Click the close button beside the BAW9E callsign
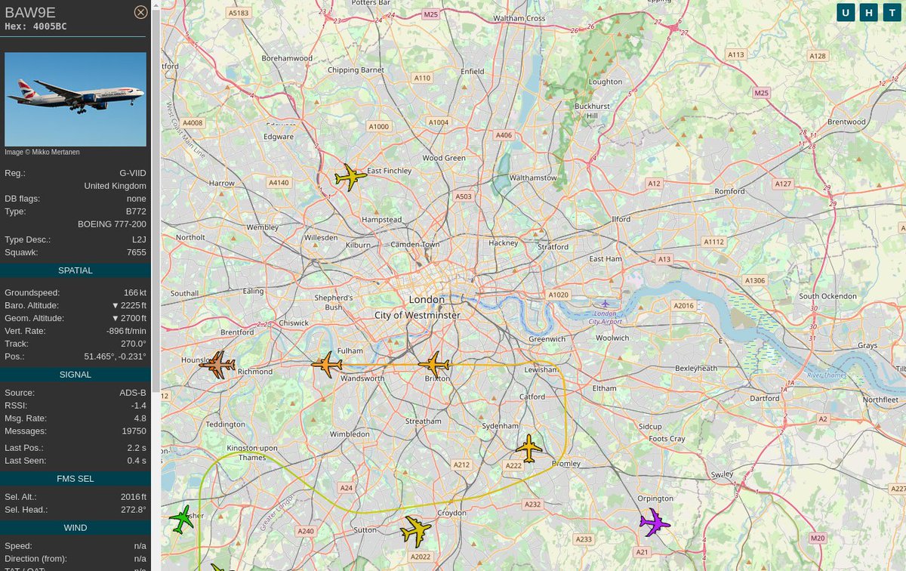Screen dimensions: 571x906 coord(140,12)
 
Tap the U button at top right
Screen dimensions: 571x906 coord(846,13)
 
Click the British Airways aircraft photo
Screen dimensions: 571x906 coord(75,99)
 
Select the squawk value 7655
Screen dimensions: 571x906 coord(136,252)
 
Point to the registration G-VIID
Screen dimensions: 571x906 coord(132,173)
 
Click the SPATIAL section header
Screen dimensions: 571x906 coord(75,270)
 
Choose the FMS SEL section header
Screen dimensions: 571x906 coord(75,478)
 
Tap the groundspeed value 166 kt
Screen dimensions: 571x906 coord(134,292)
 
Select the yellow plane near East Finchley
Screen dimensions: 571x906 coord(350,177)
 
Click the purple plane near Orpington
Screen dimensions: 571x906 coord(655,522)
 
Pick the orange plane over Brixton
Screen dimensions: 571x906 coord(434,365)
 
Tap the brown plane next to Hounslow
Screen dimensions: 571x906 coord(218,365)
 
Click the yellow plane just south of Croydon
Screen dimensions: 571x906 coord(415,531)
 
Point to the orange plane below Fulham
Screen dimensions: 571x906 coord(326,365)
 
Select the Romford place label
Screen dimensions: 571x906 coord(729,191)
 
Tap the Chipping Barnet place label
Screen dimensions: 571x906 coord(356,70)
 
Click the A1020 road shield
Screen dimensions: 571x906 coord(558,295)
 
